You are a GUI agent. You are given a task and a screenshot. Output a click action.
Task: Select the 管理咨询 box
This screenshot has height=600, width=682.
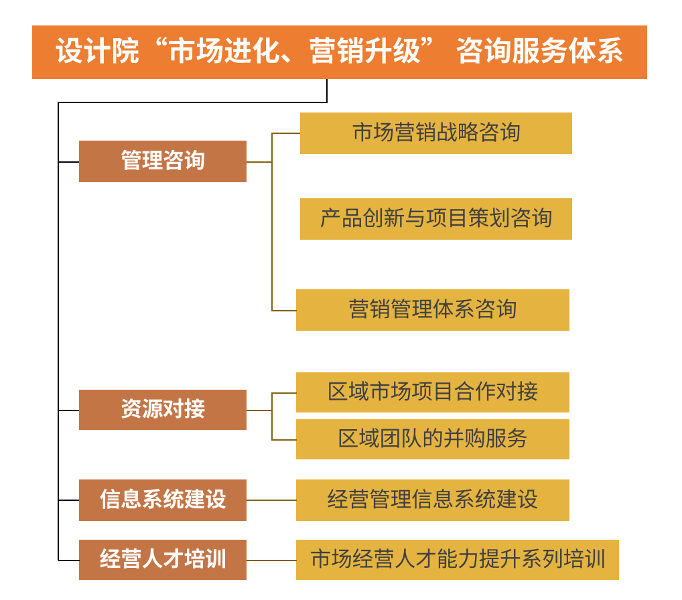tap(163, 161)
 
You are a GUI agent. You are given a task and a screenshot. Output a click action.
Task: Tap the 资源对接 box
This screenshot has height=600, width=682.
tap(163, 410)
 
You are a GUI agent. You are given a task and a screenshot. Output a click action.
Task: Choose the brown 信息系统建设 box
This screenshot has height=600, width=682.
tap(163, 500)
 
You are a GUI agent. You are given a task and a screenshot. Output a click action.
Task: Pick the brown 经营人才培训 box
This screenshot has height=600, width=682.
tap(163, 560)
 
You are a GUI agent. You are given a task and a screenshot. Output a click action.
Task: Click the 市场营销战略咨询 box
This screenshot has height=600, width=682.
tap(435, 133)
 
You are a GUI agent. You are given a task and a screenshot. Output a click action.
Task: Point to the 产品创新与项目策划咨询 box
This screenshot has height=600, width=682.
tap(435, 219)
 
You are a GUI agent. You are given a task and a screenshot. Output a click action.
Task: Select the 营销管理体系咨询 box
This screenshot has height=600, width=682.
tap(432, 310)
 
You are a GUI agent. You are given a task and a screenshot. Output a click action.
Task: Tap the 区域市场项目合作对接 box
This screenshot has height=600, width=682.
tap(432, 392)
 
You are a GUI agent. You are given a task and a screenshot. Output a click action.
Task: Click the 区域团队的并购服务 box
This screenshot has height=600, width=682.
tap(432, 439)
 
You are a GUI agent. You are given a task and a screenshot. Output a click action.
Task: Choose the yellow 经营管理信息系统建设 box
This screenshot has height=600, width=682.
tap(432, 500)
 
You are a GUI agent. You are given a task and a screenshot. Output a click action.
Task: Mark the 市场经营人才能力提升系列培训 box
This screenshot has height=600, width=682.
tap(457, 560)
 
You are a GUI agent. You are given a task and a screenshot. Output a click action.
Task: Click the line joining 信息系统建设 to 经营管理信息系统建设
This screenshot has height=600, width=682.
tap(271, 500)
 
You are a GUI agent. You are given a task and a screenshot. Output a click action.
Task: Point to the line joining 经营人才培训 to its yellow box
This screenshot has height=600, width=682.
tap(271, 560)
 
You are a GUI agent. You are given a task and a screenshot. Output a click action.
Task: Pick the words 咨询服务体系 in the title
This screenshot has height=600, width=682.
tap(540, 52)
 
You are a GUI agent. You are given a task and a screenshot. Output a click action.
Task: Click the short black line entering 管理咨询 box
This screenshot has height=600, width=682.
tap(69, 162)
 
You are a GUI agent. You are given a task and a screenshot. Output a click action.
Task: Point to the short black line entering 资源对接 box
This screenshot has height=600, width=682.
tap(69, 410)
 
